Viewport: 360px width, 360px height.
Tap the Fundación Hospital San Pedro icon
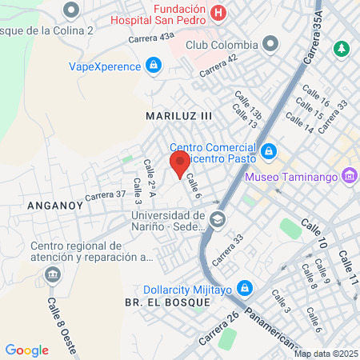tap(220, 14)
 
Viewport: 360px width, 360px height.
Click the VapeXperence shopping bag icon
tap(152, 65)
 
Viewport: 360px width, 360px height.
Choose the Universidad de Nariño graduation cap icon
tap(217, 218)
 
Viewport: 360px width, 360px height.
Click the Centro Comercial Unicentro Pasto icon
tap(269, 150)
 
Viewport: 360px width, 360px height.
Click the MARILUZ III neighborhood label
tap(179, 116)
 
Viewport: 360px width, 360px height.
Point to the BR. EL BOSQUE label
tap(167, 303)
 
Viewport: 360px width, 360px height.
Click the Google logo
tap(26, 350)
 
